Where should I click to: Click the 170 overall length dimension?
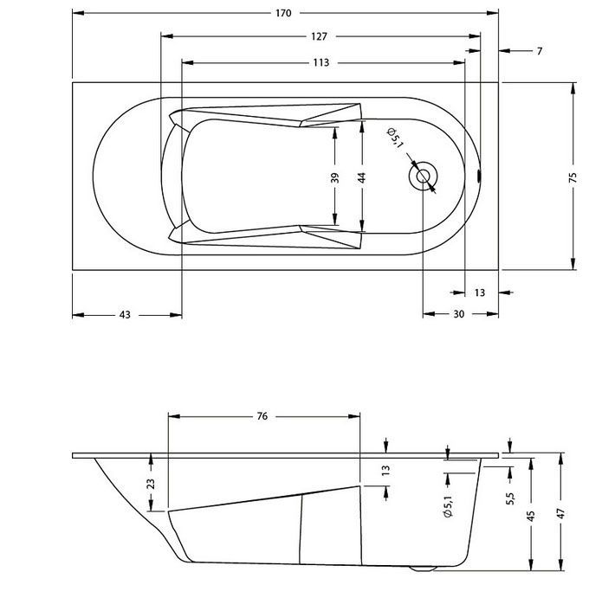click(283, 13)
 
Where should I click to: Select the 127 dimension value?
click(319, 36)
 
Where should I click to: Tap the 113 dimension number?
click(321, 62)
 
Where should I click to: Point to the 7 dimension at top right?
click(539, 51)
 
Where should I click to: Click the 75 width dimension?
click(573, 177)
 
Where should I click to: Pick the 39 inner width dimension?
click(335, 177)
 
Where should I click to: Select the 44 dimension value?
click(362, 177)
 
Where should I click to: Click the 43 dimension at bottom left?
click(125, 315)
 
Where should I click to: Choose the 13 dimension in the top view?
click(479, 292)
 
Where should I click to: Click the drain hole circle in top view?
click(424, 176)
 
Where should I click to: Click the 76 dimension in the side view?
click(262, 416)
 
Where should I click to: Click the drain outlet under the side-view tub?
click(424, 569)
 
